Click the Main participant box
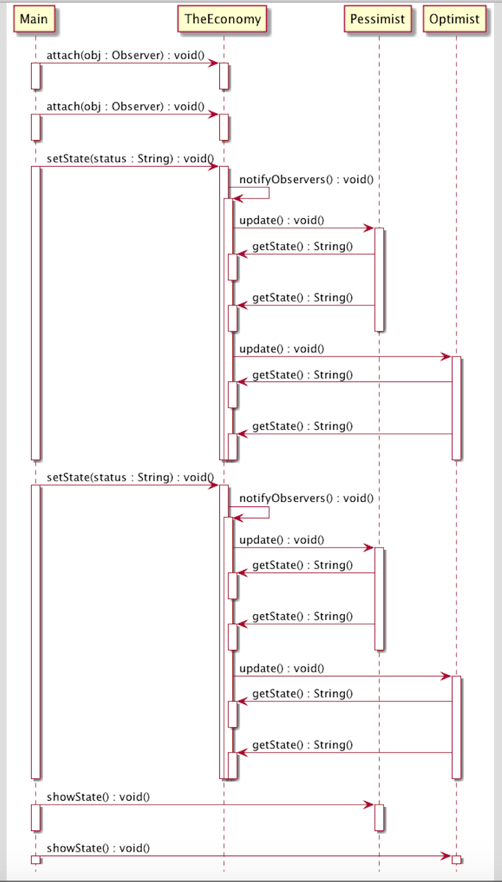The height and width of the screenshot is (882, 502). (34, 19)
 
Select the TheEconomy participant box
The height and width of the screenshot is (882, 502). (223, 19)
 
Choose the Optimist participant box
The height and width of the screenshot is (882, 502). (454, 19)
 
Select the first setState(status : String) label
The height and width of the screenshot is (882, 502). (129, 159)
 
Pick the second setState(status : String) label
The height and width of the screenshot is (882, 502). (129, 477)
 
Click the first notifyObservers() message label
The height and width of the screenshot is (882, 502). (306, 179)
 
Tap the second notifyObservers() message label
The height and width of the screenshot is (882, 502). (306, 498)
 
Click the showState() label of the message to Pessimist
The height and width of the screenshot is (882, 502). (98, 797)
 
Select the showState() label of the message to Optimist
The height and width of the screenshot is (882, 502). (98, 848)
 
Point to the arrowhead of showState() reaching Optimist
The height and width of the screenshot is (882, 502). (447, 856)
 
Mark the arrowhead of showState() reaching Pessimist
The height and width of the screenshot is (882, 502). (370, 805)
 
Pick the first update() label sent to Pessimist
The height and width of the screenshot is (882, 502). (281, 220)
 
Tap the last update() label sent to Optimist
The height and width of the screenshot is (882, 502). (281, 668)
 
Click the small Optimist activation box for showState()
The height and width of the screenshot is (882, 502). (456, 860)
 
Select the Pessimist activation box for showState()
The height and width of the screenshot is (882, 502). (379, 817)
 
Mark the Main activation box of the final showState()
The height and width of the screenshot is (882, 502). (36, 860)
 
